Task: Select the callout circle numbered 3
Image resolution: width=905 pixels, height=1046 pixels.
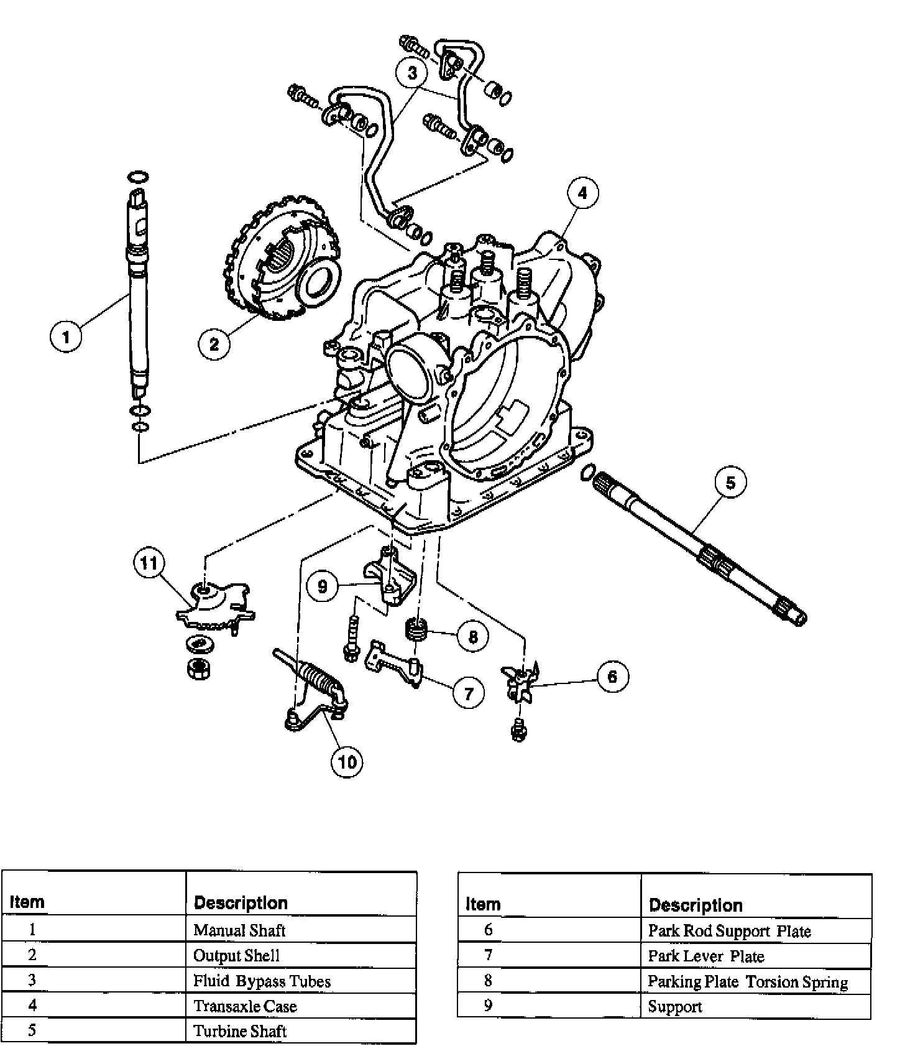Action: [412, 73]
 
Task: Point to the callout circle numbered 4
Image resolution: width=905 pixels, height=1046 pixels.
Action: [582, 193]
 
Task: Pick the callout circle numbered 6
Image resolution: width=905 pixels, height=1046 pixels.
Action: [612, 677]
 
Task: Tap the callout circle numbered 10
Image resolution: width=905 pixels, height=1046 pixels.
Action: [347, 761]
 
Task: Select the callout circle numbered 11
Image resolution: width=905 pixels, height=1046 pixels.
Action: [149, 563]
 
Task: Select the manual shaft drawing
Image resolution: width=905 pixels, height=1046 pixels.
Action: [138, 292]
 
